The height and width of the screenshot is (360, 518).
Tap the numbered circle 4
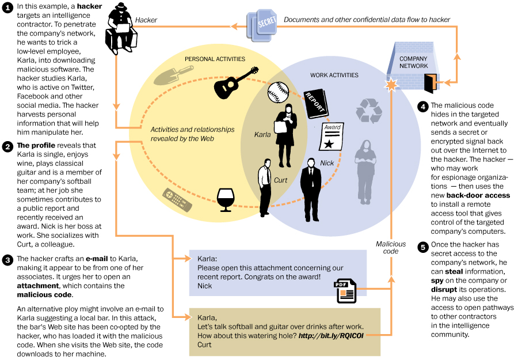point(424,107)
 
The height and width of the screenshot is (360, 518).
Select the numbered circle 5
point(424,248)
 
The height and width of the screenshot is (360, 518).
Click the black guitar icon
point(235,84)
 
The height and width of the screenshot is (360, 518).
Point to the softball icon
point(278,91)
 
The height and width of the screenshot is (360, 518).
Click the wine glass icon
point(226,199)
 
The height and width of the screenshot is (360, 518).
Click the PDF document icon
point(345,290)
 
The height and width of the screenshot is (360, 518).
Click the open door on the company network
point(429,83)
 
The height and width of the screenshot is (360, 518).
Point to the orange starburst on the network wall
point(391,85)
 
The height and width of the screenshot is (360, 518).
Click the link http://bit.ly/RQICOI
point(330,334)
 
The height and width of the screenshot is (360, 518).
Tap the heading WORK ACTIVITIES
point(334,75)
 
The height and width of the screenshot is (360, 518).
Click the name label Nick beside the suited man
point(326,163)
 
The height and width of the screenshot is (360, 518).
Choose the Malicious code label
point(391,247)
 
